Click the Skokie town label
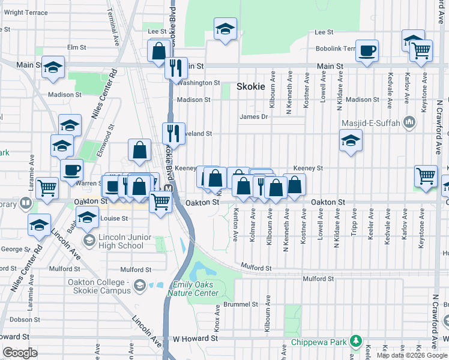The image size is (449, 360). click(251, 86)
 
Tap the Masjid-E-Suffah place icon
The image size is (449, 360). click(410, 122)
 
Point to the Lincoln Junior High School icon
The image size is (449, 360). click(89, 241)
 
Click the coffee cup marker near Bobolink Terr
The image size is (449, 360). click(367, 51)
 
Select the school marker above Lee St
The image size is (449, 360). click(225, 29)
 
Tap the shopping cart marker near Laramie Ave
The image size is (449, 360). click(47, 188)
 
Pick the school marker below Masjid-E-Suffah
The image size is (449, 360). click(351, 142)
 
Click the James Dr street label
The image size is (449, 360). click(252, 117)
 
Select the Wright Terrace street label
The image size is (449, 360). click(25, 13)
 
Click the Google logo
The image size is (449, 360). click(20, 353)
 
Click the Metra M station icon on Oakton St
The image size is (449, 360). click(169, 188)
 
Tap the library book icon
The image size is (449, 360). click(26, 203)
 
